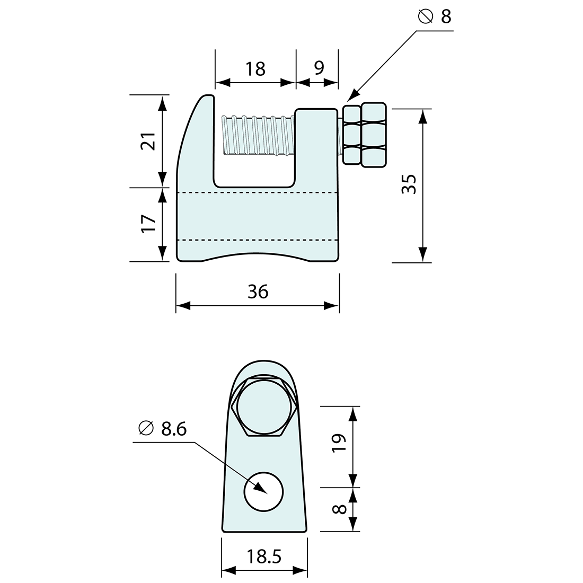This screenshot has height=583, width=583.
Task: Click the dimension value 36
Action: pyautogui.click(x=258, y=291)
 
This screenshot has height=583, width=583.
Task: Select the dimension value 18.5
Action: pyautogui.click(x=263, y=557)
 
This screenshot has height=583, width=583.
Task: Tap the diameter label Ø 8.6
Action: pyautogui.click(x=162, y=429)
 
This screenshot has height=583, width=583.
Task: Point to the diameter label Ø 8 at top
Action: pyautogui.click(x=435, y=17)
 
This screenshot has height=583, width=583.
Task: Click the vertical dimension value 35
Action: pyautogui.click(x=410, y=184)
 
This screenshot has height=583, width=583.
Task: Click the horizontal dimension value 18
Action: pyautogui.click(x=255, y=69)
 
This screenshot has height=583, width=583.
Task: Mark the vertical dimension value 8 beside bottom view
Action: pyautogui.click(x=340, y=509)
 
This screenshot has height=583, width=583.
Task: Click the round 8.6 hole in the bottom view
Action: pyautogui.click(x=263, y=491)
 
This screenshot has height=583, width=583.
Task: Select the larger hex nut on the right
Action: pyautogui.click(x=374, y=136)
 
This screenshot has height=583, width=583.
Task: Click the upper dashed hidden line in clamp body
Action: pyautogui.click(x=258, y=192)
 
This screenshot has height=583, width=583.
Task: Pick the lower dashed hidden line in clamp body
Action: pyautogui.click(x=258, y=240)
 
